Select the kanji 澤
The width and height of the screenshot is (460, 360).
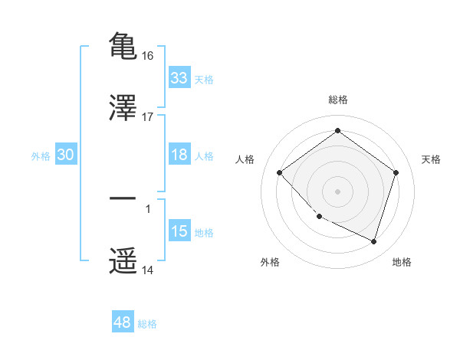[x=123, y=108]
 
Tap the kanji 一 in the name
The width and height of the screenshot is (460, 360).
[x=123, y=198]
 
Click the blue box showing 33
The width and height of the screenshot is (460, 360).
[x=179, y=78]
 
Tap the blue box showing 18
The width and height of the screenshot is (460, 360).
[x=179, y=155]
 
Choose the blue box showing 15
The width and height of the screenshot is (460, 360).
[x=179, y=231]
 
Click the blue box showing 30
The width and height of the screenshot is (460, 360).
[x=66, y=155]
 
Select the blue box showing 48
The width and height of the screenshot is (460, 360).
[x=123, y=322]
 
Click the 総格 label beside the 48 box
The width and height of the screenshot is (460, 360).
[x=147, y=324]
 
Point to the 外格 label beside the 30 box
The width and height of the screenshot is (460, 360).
[x=41, y=155]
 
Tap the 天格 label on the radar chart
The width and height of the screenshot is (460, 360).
[x=431, y=159]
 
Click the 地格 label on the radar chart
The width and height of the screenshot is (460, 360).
[x=402, y=262]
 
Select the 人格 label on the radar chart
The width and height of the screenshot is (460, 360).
[x=245, y=159]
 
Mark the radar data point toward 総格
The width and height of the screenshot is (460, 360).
[x=337, y=131]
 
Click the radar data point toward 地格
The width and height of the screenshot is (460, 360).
[x=374, y=241]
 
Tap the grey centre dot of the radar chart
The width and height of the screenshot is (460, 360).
[x=337, y=191]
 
